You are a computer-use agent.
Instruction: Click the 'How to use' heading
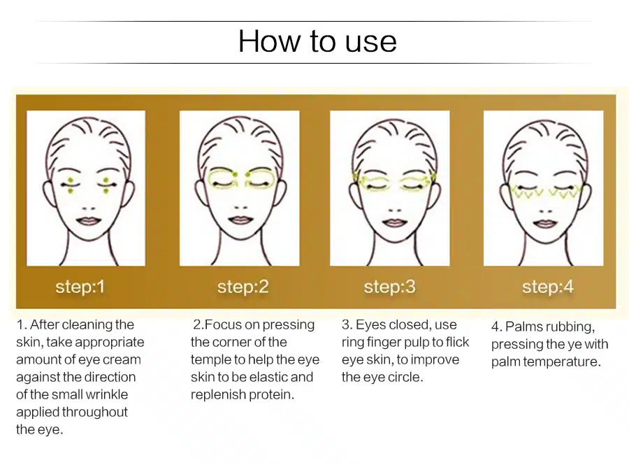pyautogui.click(x=317, y=41)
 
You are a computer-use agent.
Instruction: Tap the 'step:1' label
pyautogui.click(x=80, y=287)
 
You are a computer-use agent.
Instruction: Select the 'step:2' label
pyautogui.click(x=243, y=287)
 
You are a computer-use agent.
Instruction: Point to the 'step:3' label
pyautogui.click(x=389, y=287)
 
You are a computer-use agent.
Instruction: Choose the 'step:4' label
pyautogui.click(x=547, y=287)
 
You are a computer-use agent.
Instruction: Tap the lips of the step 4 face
pyautogui.click(x=545, y=224)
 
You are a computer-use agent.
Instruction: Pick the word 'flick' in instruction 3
pyautogui.click(x=455, y=342)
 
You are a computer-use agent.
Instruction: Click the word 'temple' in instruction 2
pyautogui.click(x=210, y=359)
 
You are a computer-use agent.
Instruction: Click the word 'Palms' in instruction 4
pyautogui.click(x=524, y=327)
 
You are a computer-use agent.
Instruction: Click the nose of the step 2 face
pyautogui.click(x=241, y=208)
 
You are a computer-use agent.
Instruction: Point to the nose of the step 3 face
pyautogui.click(x=395, y=210)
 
